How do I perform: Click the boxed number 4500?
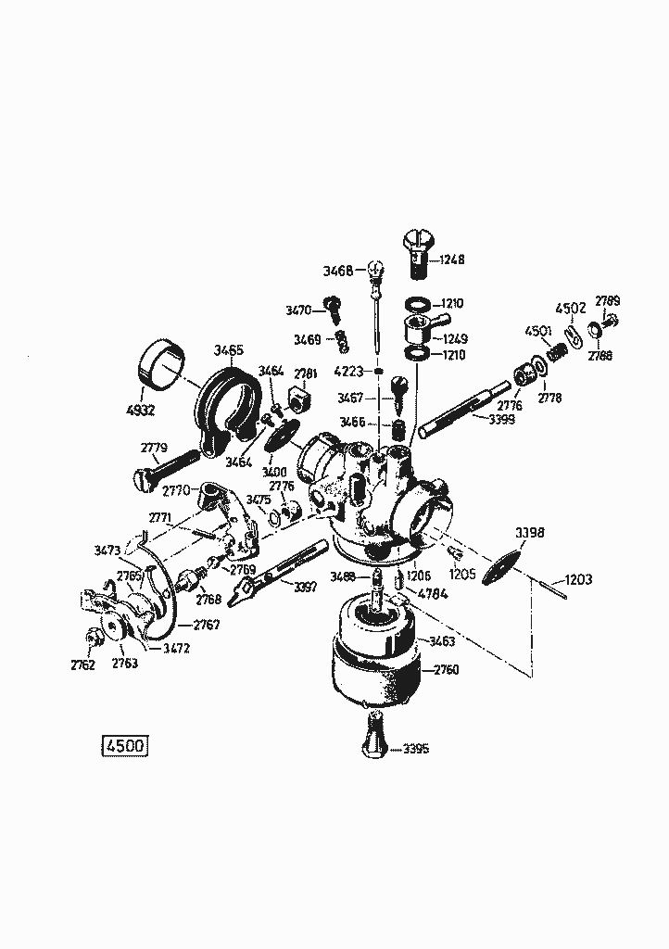(123, 746)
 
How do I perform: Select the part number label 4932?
(141, 409)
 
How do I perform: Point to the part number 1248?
(453, 261)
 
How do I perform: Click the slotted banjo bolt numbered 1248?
(417, 251)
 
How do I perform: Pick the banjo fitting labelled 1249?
(411, 329)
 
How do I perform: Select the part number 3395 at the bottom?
(416, 749)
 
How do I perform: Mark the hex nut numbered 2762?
(94, 638)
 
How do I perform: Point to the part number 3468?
(337, 271)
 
